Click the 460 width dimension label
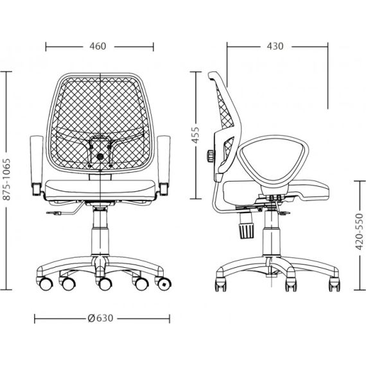tap(98, 46)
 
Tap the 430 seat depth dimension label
tap(275, 46)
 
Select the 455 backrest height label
tap(195, 135)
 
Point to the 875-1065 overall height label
tap(7, 180)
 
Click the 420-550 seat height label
tap(360, 231)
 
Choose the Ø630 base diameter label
tap(100, 318)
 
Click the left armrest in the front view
tap(37, 165)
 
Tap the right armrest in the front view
tap(164, 165)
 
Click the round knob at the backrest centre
tap(100, 157)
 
